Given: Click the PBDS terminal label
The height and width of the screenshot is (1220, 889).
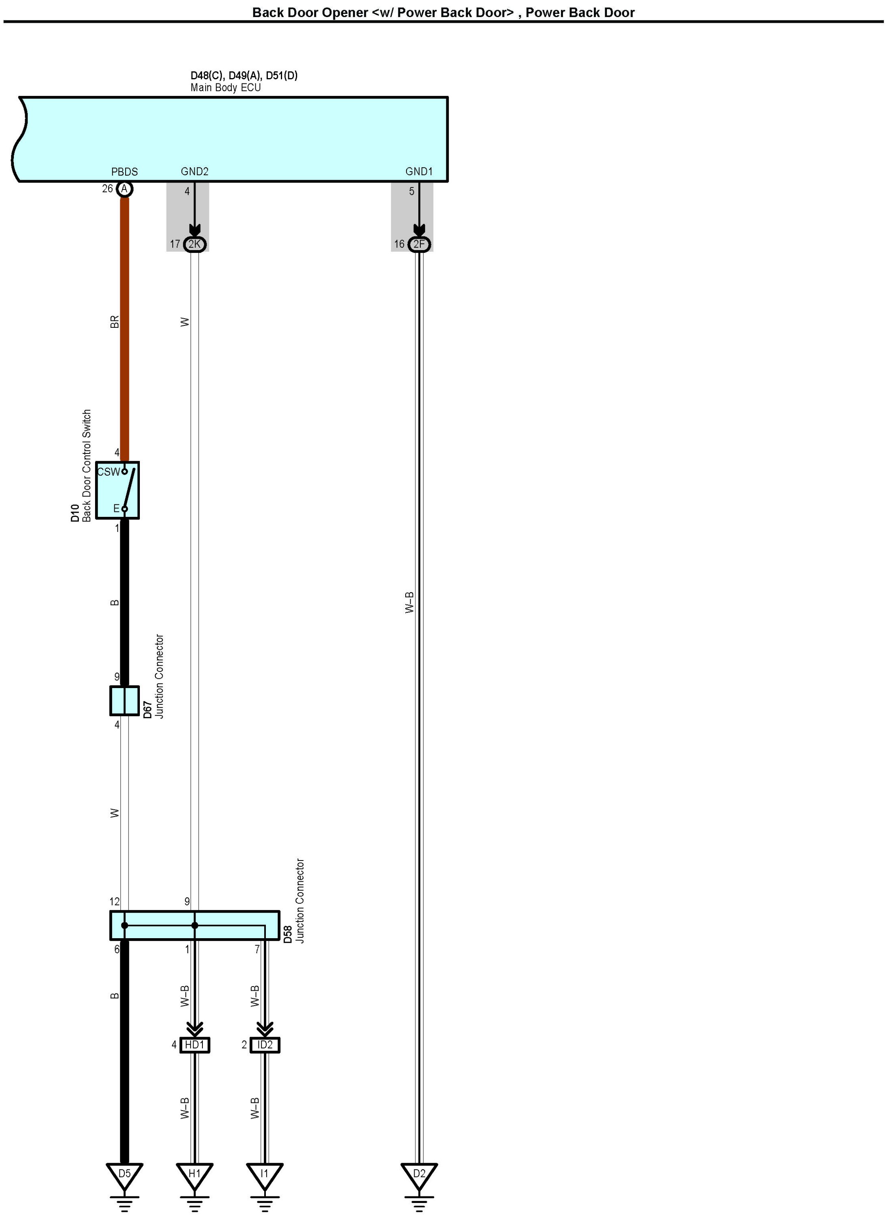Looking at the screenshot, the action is click(x=124, y=172).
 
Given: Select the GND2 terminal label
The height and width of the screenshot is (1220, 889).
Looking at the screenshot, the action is click(x=194, y=171).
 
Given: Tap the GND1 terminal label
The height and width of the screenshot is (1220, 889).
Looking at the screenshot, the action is click(x=419, y=171).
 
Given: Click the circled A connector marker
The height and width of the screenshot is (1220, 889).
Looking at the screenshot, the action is click(x=124, y=189).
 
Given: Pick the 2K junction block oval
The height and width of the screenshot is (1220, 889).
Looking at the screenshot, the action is click(x=194, y=244).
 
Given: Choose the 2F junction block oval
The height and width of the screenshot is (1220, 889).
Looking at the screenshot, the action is click(x=419, y=244).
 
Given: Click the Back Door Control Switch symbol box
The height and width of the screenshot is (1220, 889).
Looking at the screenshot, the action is click(x=117, y=490).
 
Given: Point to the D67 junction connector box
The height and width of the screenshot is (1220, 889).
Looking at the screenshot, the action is click(x=124, y=700).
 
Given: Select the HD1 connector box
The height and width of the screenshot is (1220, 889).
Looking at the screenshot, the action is click(x=194, y=1044).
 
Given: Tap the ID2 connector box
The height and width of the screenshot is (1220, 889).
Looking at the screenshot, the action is click(x=265, y=1044).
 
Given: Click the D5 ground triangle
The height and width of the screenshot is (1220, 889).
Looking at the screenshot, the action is click(x=124, y=1174).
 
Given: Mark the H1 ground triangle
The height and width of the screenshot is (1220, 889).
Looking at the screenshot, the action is click(x=194, y=1174).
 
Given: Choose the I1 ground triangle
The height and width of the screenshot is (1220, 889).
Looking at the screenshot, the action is click(x=264, y=1174).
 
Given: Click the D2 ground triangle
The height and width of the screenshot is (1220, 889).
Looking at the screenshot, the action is click(x=419, y=1174).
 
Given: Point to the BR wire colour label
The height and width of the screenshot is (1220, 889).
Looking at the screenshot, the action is click(x=114, y=322).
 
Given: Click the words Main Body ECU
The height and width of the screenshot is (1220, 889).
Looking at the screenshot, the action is click(x=226, y=87).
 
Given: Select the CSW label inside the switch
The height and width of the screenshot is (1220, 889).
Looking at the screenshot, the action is click(x=108, y=472).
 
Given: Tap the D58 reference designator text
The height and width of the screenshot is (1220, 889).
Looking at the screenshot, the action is click(x=288, y=934).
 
